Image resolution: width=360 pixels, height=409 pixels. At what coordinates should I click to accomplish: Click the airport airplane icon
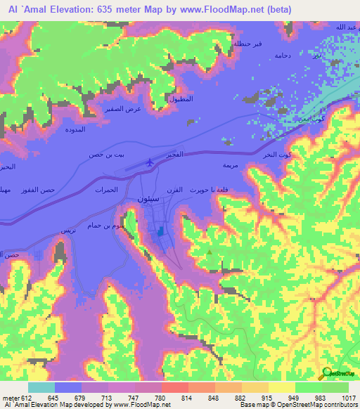149,163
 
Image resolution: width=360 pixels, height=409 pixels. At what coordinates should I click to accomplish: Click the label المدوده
75,130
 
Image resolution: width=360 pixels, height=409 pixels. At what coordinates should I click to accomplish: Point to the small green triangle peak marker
209,252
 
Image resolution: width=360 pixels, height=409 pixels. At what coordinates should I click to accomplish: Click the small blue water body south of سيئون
160,231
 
